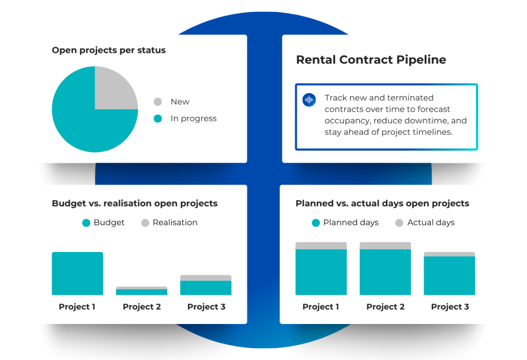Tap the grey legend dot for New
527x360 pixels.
(158, 102)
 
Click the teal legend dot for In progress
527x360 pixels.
(158, 119)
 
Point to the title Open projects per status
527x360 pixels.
(109, 50)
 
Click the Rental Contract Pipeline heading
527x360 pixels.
(371, 60)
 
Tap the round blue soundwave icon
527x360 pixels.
(309, 100)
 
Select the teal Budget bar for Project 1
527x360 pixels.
(77, 274)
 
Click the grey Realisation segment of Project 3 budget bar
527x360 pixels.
(205, 278)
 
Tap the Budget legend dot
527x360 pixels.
(86, 223)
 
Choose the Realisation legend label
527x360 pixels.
(175, 223)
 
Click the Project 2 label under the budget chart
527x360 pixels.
(142, 307)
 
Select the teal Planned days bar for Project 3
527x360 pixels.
(449, 276)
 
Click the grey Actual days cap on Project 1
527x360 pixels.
(321, 245)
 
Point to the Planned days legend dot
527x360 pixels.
(316, 223)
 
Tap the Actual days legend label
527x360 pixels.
(431, 223)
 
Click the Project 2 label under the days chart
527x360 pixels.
(385, 307)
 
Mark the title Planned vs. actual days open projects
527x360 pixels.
(382, 204)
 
